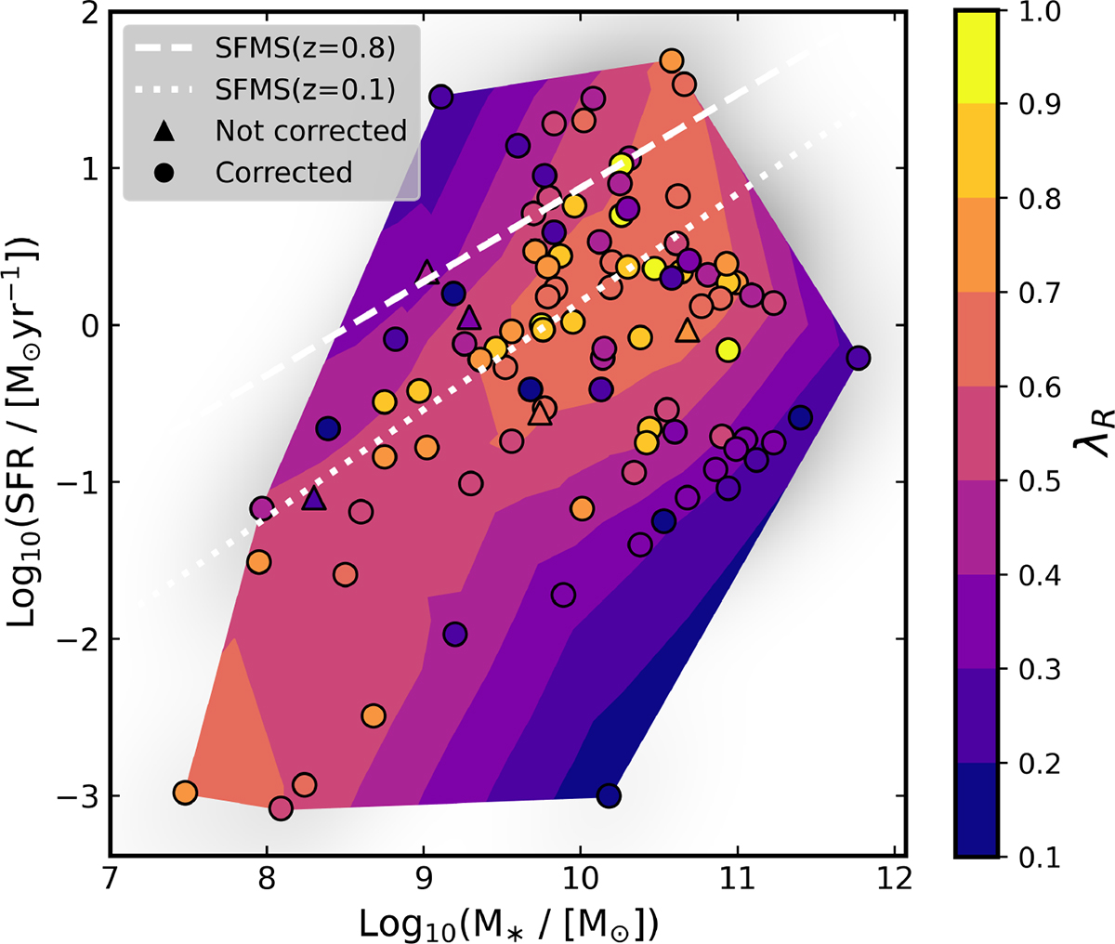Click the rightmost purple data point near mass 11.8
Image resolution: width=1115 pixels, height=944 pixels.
859,358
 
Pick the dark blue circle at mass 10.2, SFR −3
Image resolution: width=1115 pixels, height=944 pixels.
609,795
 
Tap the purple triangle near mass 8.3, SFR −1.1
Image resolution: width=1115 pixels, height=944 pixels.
314,499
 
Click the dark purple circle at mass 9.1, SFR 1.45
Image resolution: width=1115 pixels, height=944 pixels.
440,97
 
